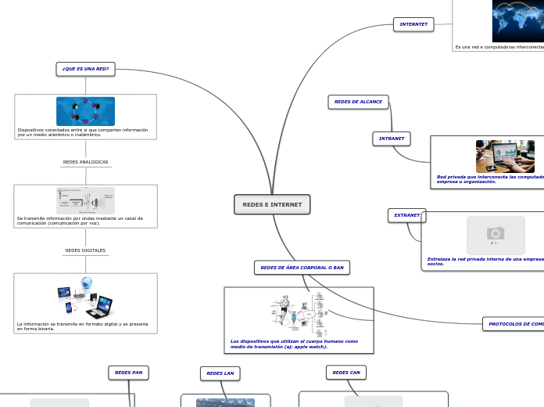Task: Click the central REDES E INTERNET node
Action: coord(272,204)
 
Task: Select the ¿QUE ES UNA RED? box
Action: coord(85,69)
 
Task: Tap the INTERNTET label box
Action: coord(413,24)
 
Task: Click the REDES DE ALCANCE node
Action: coord(358,102)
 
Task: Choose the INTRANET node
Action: coord(392,139)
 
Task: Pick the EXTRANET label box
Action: coord(406,215)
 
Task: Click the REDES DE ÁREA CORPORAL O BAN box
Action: coord(302,268)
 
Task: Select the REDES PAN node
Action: coord(128,373)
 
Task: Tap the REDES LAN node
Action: coord(220,373)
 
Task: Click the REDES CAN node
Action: coord(345,373)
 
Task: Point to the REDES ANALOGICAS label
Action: coord(85,162)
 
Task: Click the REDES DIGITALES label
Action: coord(85,250)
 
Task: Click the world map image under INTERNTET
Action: coord(517,21)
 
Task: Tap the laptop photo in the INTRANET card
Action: coord(505,157)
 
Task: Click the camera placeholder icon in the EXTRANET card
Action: coord(496,234)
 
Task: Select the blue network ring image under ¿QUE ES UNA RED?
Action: coord(85,111)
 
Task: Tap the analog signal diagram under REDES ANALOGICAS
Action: coord(85,200)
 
